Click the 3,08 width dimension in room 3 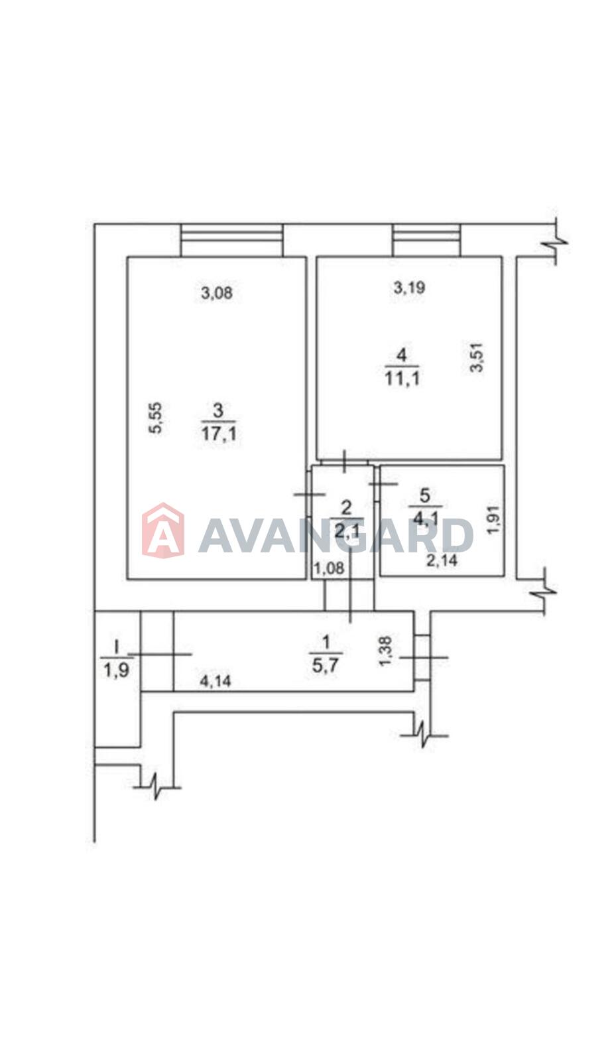pyautogui.click(x=217, y=293)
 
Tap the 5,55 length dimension pyautogui.click(x=156, y=417)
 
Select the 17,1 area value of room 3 pyautogui.click(x=219, y=434)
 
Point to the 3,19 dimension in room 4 pyautogui.click(x=409, y=287)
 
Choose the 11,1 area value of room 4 pyautogui.click(x=402, y=379)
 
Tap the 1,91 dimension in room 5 pyautogui.click(x=493, y=520)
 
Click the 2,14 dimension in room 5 pyautogui.click(x=442, y=560)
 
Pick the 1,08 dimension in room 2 pyautogui.click(x=329, y=568)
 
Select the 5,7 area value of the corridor pyautogui.click(x=325, y=666)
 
